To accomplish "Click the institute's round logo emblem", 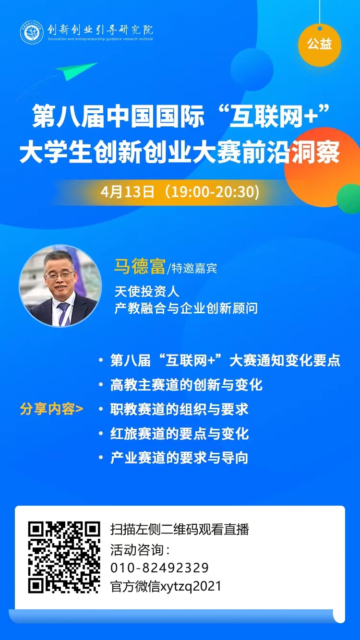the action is click(x=32, y=32).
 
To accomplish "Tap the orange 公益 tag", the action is click(x=319, y=45).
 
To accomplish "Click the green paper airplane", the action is click(x=76, y=71).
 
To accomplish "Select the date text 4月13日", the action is click(x=128, y=192).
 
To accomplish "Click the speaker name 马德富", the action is click(x=140, y=267).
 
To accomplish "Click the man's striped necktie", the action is click(x=64, y=313).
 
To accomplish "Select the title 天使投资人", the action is click(x=147, y=291).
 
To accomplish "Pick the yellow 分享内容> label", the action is click(x=51, y=409).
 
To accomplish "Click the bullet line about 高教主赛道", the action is click(x=186, y=385).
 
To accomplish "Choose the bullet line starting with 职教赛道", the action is click(x=180, y=409).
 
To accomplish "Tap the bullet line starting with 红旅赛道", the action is click(x=180, y=434).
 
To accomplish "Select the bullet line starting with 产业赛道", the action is click(x=180, y=458).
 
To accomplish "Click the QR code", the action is click(x=64, y=557).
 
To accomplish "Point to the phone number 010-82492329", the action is click(x=159, y=568).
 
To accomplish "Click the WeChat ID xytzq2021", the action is click(x=191, y=586).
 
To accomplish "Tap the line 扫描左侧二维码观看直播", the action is click(x=180, y=530).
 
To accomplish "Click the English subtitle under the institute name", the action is click(x=100, y=39).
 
